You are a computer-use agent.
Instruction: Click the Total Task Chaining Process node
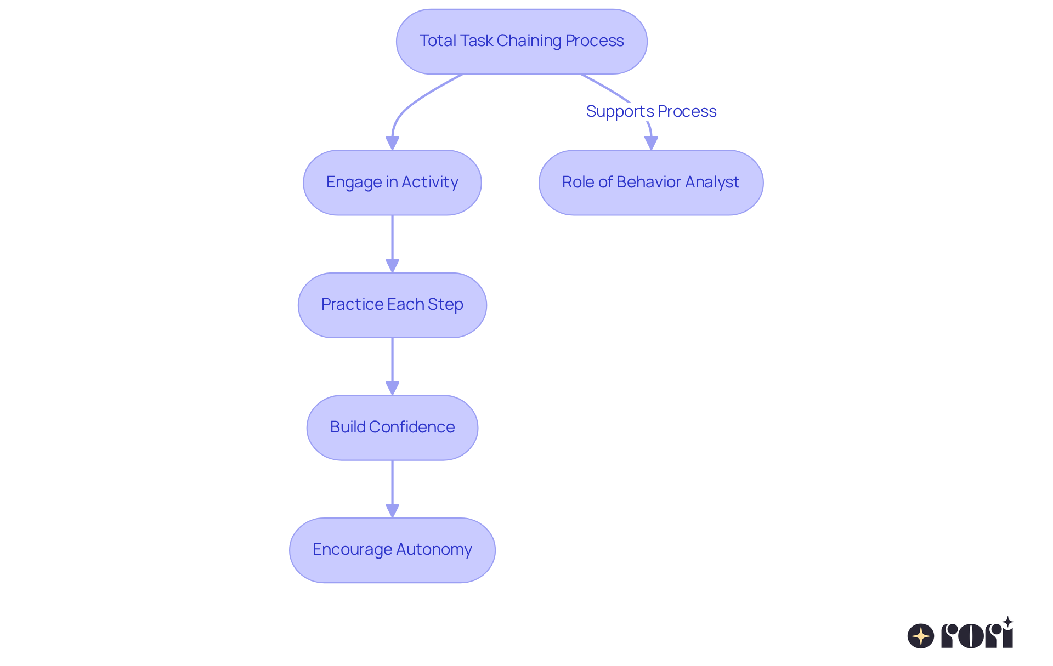point(522,41)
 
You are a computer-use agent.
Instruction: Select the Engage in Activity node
point(392,183)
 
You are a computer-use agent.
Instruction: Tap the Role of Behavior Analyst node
point(651,183)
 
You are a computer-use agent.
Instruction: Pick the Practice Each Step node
point(392,305)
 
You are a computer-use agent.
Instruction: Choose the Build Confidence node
point(392,428)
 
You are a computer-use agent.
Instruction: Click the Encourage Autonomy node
point(392,550)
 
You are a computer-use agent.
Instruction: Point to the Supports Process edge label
point(651,111)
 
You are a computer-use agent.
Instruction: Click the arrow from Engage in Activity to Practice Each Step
point(392,241)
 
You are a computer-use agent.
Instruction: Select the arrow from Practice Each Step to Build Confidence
point(392,363)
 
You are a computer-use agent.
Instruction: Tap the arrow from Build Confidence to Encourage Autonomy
point(392,486)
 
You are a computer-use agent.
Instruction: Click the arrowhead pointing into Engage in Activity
point(392,143)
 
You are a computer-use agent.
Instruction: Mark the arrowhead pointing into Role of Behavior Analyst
point(651,143)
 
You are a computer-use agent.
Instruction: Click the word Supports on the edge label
point(620,111)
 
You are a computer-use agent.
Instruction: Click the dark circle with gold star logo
point(921,636)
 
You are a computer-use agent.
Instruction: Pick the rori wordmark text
point(977,636)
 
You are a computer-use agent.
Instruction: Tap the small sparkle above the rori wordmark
point(1007,622)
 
